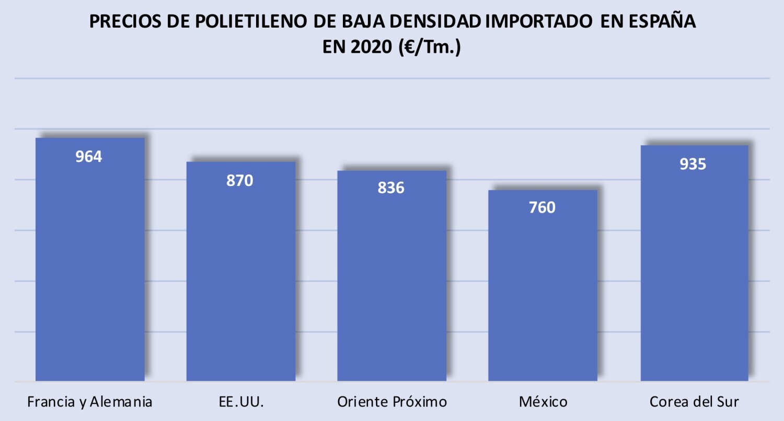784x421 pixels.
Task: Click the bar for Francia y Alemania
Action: [90, 259]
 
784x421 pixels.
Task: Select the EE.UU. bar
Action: [241, 271]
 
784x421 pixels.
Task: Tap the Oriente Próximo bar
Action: [391, 276]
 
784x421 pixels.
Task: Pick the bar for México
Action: [543, 285]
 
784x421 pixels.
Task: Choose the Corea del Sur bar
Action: [695, 263]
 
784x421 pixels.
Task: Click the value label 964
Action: [89, 157]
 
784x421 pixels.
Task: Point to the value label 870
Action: [240, 181]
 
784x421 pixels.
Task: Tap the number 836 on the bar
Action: [391, 188]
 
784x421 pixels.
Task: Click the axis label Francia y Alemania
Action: [90, 402]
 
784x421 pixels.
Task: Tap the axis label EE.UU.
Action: [241, 402]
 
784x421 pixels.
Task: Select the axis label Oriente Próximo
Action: [392, 402]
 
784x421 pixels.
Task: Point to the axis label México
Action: [543, 402]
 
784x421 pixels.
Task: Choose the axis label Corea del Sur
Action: [695, 402]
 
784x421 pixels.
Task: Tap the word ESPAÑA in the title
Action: [662, 21]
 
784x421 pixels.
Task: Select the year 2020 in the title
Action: [371, 47]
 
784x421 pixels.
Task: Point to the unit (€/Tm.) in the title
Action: [430, 47]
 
